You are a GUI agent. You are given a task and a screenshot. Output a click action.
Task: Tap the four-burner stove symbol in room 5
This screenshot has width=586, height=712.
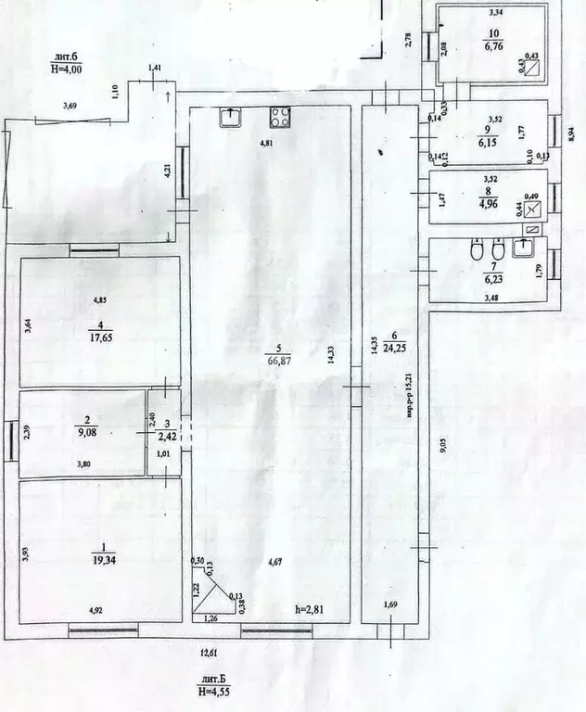tap(280, 117)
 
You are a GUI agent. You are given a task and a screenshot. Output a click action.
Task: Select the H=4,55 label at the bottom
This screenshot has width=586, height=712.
tap(214, 689)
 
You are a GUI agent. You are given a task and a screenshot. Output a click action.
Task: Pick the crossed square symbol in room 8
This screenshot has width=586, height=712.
tap(531, 209)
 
